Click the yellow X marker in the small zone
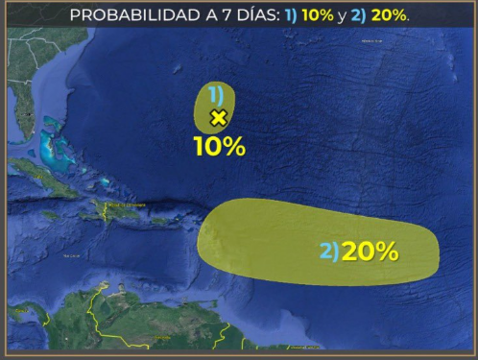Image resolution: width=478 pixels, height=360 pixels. [x=218, y=118]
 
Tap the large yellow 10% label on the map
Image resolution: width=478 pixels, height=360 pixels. [x=219, y=147]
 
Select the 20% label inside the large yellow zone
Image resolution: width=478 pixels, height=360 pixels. [x=370, y=252]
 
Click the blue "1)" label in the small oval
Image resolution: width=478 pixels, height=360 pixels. [x=216, y=94]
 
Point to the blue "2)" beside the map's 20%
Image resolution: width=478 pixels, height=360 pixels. [x=328, y=252]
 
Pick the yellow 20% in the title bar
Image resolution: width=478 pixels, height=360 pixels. [x=391, y=15]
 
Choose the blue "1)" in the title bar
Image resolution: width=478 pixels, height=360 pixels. [x=291, y=15]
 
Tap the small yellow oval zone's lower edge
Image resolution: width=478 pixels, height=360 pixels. [x=215, y=132]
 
